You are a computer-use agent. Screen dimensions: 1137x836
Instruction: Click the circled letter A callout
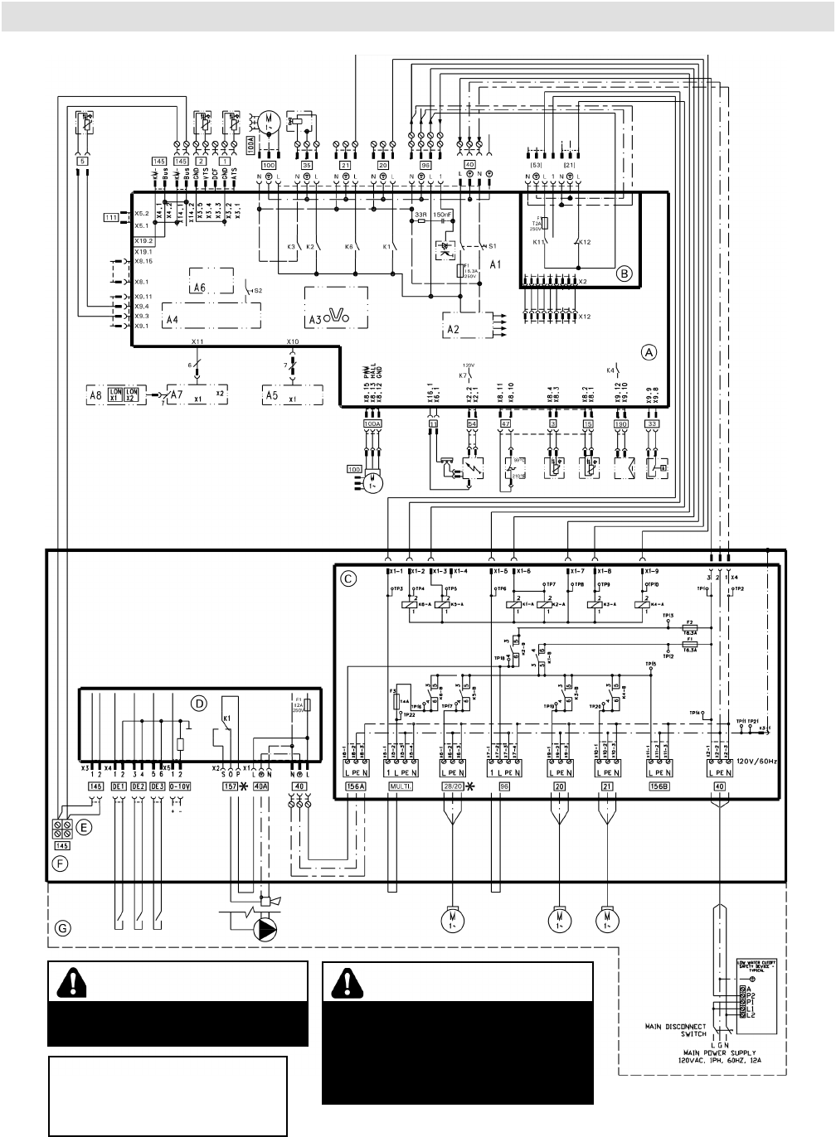(x=648, y=352)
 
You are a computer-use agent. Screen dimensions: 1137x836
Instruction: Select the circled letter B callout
(x=624, y=271)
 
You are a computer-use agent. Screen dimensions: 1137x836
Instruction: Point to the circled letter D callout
(x=197, y=704)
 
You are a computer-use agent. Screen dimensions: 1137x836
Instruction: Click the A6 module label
(x=197, y=288)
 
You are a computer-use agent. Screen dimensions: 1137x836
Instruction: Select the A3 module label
(x=318, y=317)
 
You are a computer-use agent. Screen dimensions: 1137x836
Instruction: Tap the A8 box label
(x=96, y=394)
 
